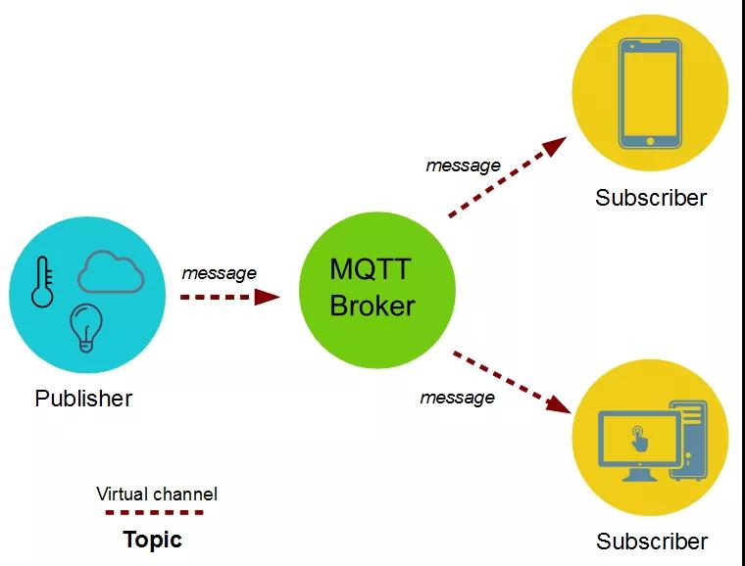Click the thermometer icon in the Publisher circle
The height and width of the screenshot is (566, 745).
tap(42, 283)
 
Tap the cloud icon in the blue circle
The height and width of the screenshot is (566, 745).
tap(110, 272)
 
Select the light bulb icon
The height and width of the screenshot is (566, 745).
tap(85, 328)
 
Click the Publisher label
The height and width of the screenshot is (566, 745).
tap(83, 399)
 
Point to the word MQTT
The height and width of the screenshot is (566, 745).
tap(370, 269)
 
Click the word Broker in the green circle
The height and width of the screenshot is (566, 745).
tap(372, 306)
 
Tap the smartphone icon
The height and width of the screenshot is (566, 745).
tap(650, 93)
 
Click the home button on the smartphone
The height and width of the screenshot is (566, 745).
tap(651, 141)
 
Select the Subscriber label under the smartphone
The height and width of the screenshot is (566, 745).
tap(651, 198)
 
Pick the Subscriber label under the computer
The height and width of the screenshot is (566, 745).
tap(652, 542)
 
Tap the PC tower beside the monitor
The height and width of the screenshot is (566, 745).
tap(688, 441)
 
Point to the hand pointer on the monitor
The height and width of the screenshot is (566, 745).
tap(639, 439)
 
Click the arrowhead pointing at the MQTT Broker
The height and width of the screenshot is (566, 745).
tap(267, 297)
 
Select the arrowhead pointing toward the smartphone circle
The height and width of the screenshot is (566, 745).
tap(555, 146)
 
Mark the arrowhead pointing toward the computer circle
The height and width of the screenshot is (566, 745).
tap(559, 404)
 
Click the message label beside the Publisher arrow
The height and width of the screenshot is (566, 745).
tap(219, 273)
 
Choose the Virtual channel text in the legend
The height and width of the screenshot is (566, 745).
tap(157, 494)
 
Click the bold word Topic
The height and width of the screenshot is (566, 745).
tap(153, 540)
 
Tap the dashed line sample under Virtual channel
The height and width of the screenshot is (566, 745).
tap(155, 512)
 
